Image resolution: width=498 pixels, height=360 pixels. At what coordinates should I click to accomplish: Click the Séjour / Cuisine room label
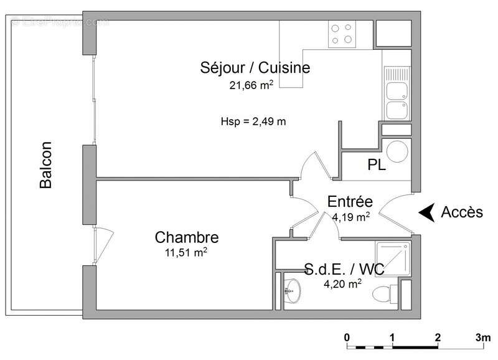coord(255,67)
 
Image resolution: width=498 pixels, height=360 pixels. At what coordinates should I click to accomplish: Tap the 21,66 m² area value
coord(251,86)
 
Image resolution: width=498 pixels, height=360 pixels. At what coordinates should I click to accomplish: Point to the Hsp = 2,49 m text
coord(253,121)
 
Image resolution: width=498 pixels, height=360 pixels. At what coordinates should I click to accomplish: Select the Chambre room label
coord(187,237)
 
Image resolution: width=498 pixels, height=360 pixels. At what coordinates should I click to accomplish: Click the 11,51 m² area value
coord(186,253)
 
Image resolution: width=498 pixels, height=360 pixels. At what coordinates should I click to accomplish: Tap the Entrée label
coord(350,202)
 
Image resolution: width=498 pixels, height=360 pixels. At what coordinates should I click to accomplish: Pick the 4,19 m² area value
coord(349,217)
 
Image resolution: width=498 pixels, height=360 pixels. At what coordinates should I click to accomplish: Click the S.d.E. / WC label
coord(344,270)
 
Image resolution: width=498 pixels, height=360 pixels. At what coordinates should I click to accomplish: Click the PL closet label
coord(377,166)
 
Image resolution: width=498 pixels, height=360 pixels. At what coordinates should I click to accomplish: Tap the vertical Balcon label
coord(45,165)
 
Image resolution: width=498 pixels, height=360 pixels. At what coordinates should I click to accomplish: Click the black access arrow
coord(426,212)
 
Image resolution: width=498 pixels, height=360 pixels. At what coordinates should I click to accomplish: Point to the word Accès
coord(462,212)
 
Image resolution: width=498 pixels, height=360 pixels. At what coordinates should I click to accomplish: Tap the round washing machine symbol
coord(397,151)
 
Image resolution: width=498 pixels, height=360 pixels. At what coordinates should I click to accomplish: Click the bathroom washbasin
coord(292,289)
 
